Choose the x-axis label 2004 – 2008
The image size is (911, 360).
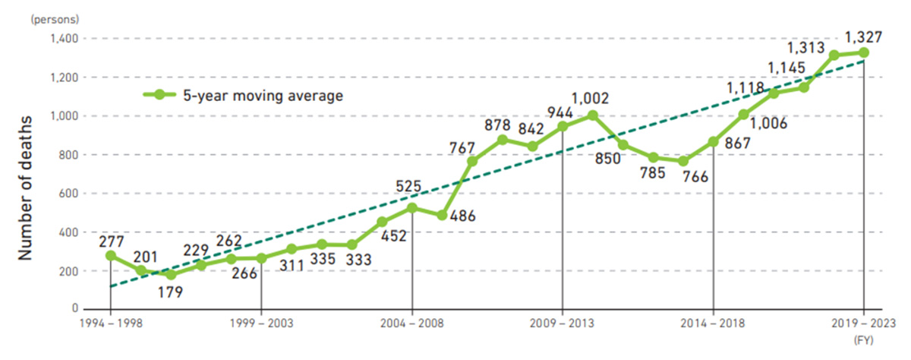point(412,324)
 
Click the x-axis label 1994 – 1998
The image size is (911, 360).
point(111,324)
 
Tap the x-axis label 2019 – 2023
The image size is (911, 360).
point(864,324)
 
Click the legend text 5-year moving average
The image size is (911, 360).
point(263,95)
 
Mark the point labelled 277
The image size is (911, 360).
point(111,256)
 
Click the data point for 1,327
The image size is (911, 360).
point(864,52)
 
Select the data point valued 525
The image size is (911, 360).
point(412,207)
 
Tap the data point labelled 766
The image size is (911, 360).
point(683,161)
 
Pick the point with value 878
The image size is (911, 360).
point(503,140)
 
